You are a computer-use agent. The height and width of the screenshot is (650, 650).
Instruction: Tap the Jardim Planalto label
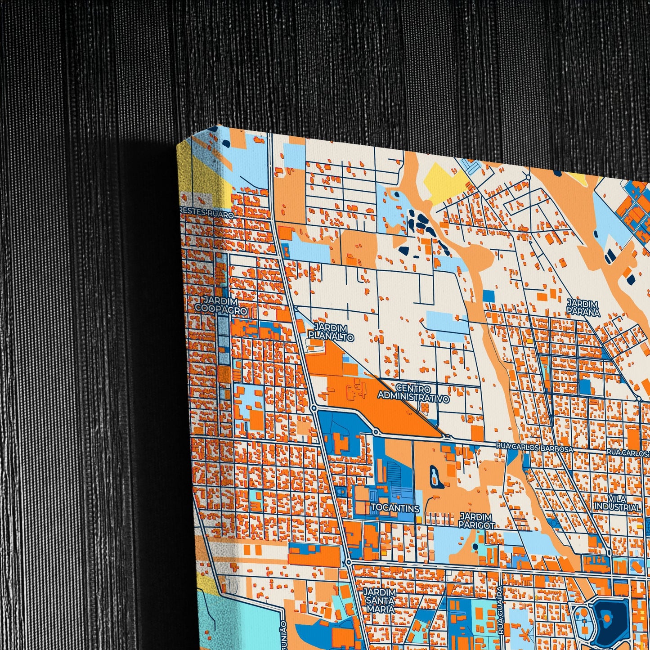331,332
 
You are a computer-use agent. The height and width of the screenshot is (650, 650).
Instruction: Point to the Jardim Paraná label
583,307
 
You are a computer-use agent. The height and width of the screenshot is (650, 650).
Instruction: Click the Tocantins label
395,509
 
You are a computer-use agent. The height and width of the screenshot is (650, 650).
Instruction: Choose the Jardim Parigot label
476,521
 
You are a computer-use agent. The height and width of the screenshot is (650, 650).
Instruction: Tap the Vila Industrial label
617,503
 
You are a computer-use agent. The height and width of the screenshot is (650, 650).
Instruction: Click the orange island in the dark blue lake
607,619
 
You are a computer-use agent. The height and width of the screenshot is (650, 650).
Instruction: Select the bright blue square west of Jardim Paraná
489,296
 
